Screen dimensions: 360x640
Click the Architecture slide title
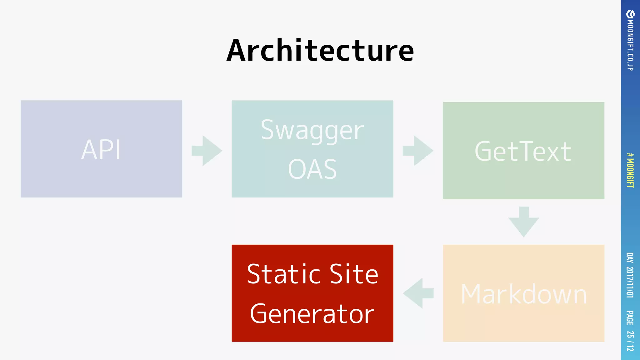pyautogui.click(x=320, y=51)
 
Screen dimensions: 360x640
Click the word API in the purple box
pyautogui.click(x=101, y=150)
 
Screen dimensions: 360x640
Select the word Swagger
pyautogui.click(x=312, y=131)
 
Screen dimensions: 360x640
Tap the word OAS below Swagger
pyautogui.click(x=312, y=169)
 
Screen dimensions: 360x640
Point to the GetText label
pyautogui.click(x=523, y=152)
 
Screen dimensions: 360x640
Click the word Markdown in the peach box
pyautogui.click(x=524, y=294)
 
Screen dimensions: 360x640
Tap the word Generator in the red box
pyautogui.click(x=312, y=314)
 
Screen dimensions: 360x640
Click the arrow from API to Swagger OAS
pyautogui.click(x=207, y=151)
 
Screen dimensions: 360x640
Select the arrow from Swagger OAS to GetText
pyautogui.click(x=418, y=151)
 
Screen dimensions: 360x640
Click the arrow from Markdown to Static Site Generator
pyautogui.click(x=418, y=293)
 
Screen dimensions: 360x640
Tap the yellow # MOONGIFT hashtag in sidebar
pyautogui.click(x=630, y=170)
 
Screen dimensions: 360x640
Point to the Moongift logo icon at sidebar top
pyautogui.click(x=630, y=14)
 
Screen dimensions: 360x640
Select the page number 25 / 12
pyautogui.click(x=630, y=341)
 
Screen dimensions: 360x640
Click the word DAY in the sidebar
pyautogui.click(x=630, y=258)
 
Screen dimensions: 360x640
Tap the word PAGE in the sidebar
pyautogui.click(x=630, y=318)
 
